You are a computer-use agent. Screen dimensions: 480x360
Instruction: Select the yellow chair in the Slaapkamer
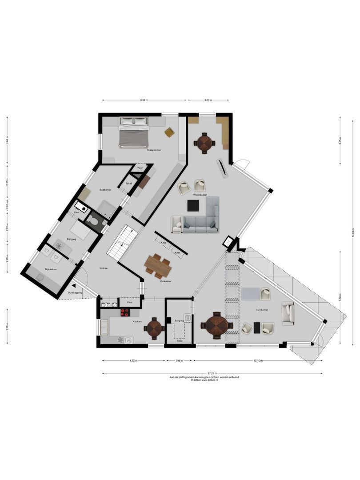[x=169, y=132]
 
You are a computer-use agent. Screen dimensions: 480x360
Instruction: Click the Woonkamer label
[x=200, y=195]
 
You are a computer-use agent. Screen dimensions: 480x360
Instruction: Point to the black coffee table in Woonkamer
[x=193, y=206]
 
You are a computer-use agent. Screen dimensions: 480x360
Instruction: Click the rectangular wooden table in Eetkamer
[x=157, y=265]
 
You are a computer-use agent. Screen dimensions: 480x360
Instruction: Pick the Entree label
[x=103, y=268]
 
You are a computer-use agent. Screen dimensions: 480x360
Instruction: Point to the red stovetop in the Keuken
[x=125, y=312]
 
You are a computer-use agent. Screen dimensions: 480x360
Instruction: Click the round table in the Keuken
[x=154, y=328]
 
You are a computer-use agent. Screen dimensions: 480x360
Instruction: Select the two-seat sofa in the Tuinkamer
[x=288, y=314]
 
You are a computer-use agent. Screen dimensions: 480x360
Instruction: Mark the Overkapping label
[x=75, y=293]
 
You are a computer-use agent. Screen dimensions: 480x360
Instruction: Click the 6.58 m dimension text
[x=144, y=100]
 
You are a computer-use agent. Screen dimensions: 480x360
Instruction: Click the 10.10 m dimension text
[x=258, y=360]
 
